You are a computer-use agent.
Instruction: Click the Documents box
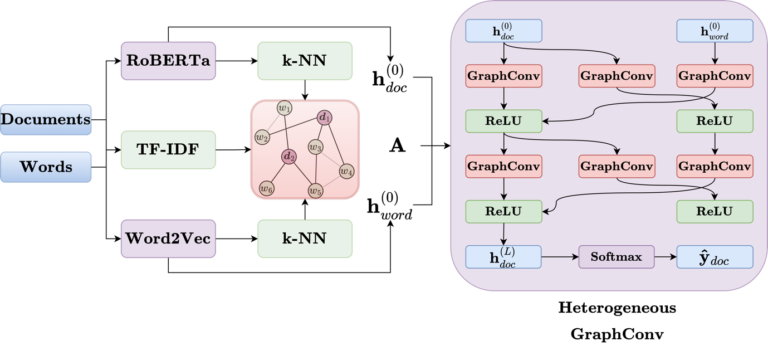(47, 120)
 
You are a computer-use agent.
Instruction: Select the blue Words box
(47, 167)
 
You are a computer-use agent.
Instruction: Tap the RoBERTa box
(168, 60)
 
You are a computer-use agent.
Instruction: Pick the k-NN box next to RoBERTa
(304, 60)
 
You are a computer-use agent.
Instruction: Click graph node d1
(325, 118)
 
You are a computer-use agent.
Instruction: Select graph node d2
(289, 156)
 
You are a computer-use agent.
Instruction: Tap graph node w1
(285, 108)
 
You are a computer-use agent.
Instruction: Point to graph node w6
(267, 187)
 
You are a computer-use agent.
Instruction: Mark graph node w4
(346, 170)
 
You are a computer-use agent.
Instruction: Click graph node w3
(316, 148)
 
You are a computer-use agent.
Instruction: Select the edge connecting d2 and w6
(278, 172)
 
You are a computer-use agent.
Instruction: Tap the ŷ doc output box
(714, 258)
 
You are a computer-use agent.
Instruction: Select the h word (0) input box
(714, 32)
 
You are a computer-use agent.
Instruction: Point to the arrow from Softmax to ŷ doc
(660, 258)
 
